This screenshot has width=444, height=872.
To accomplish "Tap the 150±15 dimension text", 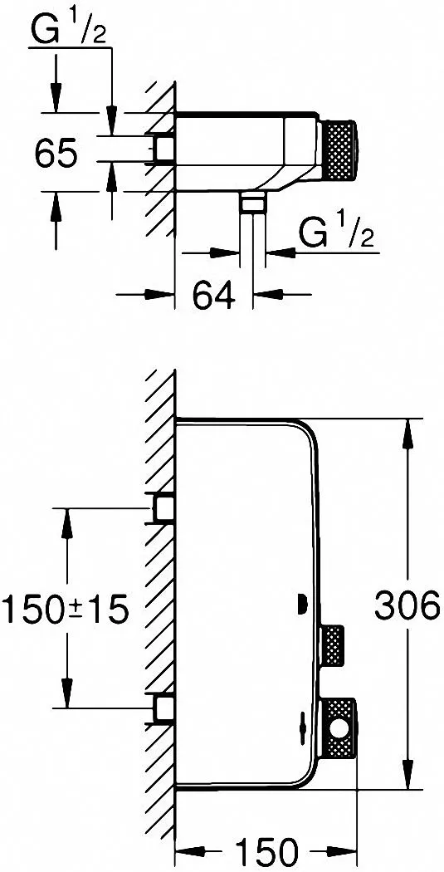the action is (66, 609).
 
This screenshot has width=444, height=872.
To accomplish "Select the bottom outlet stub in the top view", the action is (253, 202).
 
